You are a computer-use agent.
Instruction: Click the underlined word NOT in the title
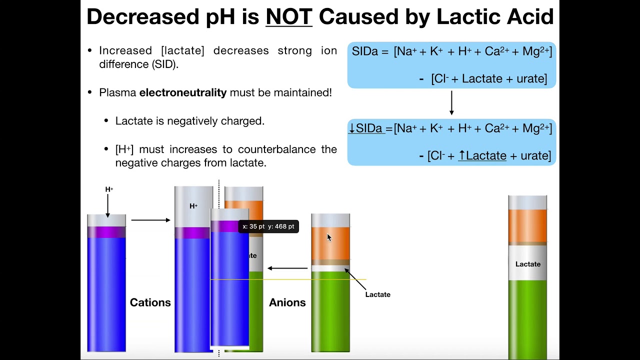tap(288, 16)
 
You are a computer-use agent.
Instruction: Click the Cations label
tap(150, 302)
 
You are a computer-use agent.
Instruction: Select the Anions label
tap(287, 302)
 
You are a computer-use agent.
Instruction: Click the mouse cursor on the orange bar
tap(329, 237)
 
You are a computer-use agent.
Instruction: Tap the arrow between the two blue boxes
tap(451, 102)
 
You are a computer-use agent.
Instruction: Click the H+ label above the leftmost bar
tap(109, 189)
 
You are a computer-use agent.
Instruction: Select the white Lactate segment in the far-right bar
tap(527, 264)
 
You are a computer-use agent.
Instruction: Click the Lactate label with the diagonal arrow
tap(377, 294)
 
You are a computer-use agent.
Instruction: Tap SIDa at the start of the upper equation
tap(364, 51)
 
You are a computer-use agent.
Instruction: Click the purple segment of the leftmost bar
tap(106, 232)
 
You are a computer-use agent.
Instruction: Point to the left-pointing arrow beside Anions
tap(287, 268)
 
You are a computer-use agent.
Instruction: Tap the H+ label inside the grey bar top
tap(193, 206)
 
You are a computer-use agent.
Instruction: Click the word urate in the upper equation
tap(532, 78)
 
